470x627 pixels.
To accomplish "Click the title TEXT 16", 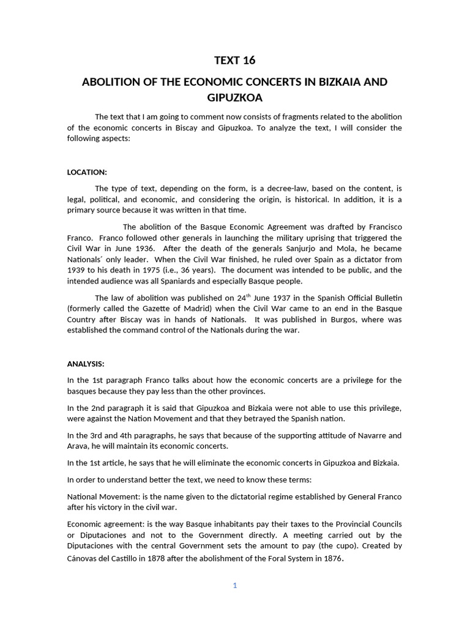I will click(x=235, y=60).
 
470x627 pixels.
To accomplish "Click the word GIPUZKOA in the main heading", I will click(x=235, y=97).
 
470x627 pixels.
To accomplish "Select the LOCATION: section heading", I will click(x=87, y=172).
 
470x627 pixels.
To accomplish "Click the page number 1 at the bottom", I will click(x=234, y=585).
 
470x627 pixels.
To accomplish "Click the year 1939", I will click(x=77, y=271).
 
